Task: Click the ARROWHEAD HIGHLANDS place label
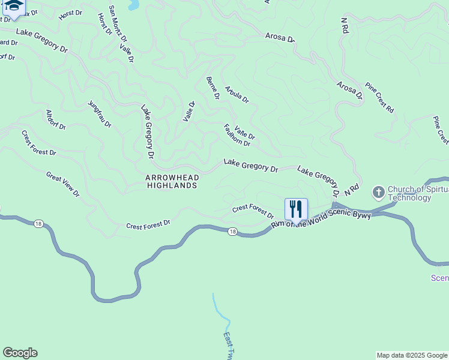pos(172,182)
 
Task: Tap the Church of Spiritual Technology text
pos(418,193)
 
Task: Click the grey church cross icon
pos(378,193)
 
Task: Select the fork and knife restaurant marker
pos(296,209)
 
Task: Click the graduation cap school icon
pos(13,5)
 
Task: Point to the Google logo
pos(20,353)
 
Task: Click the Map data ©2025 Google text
pos(412,355)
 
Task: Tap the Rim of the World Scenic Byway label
pos(321,219)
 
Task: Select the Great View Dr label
pos(63,184)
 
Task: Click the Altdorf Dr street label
pos(56,119)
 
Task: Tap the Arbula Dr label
pos(237,94)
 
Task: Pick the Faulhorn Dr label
pos(237,135)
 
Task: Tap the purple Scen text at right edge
pos(439,278)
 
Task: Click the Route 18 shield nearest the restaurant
pos(232,230)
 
